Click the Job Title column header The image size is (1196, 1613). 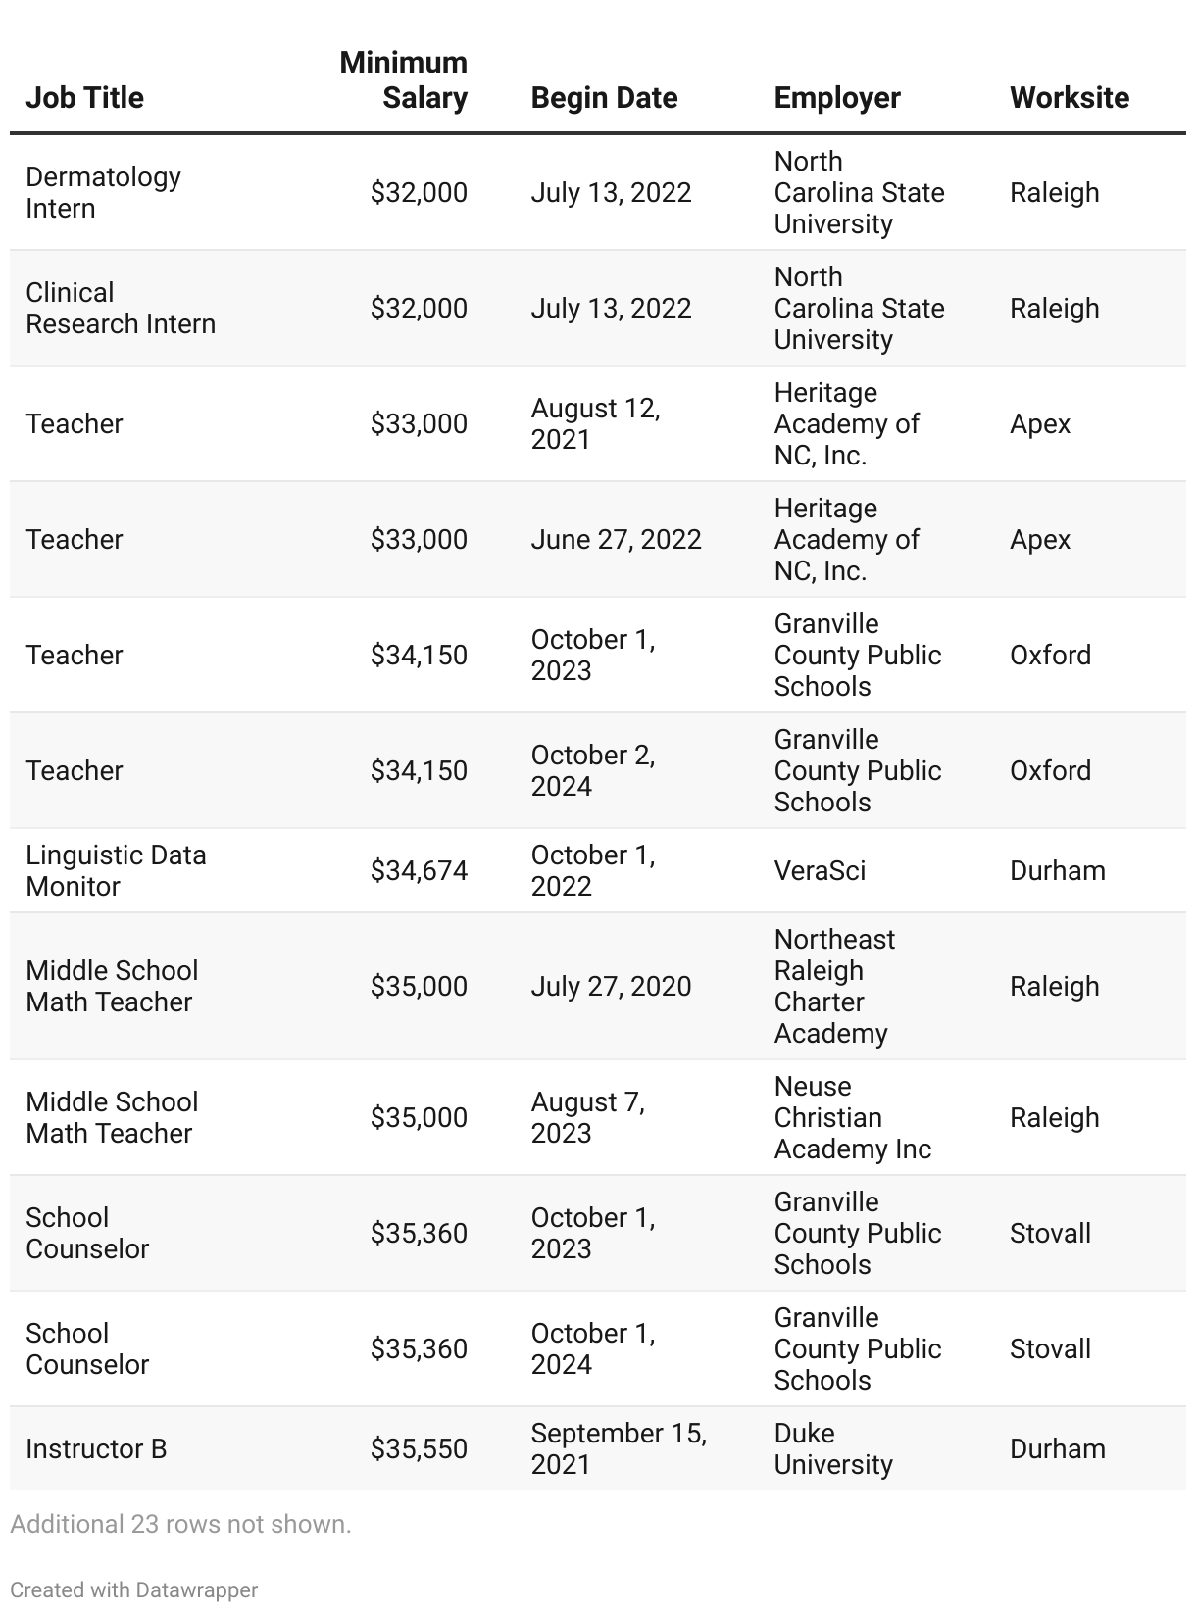(84, 98)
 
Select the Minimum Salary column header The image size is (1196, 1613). (404, 80)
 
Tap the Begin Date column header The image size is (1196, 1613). (604, 98)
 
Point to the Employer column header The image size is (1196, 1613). (837, 98)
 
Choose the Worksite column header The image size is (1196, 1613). (1069, 98)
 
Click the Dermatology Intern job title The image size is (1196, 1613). (103, 192)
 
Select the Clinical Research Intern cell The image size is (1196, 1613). (120, 308)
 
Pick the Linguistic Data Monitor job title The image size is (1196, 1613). (116, 870)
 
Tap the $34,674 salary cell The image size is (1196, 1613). (419, 870)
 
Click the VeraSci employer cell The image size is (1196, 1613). (820, 870)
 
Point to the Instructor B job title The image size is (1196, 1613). (96, 1448)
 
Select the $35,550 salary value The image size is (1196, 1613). (419, 1448)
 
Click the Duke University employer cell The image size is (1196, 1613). (833, 1448)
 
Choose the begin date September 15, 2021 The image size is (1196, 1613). (619, 1448)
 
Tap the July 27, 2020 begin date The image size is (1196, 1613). (611, 986)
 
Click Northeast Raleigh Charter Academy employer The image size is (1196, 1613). (834, 986)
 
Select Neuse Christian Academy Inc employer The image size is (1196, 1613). (852, 1117)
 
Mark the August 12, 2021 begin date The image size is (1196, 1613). (595, 423)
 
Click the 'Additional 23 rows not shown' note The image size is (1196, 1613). (180, 1524)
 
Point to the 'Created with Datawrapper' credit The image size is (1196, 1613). (133, 1589)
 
